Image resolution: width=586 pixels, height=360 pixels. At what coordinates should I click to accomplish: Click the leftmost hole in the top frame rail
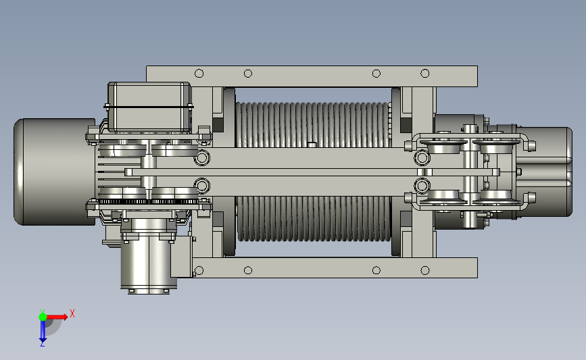[199, 73]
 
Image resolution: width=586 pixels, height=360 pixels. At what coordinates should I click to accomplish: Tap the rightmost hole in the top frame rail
[425, 73]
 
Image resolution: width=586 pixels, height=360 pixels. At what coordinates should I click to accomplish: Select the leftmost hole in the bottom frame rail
[199, 270]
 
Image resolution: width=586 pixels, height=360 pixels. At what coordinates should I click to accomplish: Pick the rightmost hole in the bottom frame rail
[425, 270]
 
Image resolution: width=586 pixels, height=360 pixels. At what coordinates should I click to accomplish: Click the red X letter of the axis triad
[72, 313]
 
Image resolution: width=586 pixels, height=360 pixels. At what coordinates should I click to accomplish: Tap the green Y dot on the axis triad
[43, 317]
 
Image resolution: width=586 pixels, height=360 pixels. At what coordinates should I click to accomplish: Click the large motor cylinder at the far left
[55, 172]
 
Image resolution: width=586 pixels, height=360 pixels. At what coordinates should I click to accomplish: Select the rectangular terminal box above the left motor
[149, 107]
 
